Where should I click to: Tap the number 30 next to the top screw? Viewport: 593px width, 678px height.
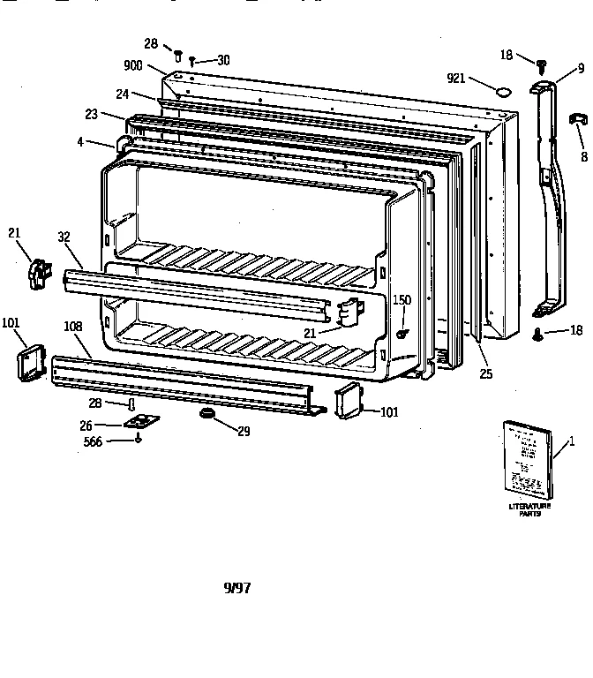[222, 60]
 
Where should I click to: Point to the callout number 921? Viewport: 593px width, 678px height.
[455, 79]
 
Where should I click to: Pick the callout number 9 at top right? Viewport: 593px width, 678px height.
[581, 67]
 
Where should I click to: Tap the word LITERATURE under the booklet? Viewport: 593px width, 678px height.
[529, 505]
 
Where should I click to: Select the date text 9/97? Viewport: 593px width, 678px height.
[236, 588]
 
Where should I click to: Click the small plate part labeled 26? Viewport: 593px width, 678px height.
[138, 422]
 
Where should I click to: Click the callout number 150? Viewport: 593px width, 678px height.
[402, 301]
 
